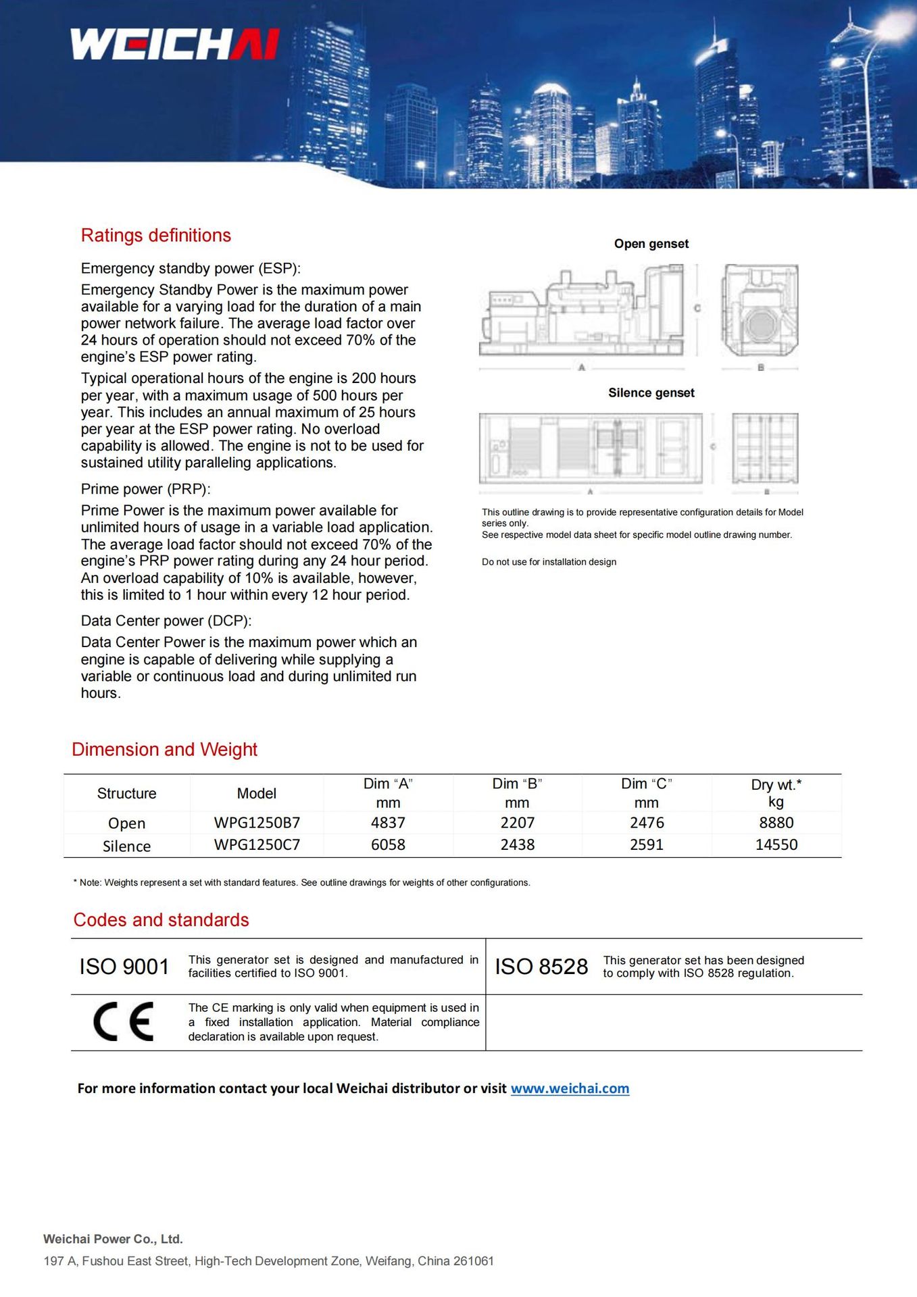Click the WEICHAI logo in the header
[x=175, y=45]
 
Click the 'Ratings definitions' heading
[x=155, y=235]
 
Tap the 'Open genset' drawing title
[x=651, y=244]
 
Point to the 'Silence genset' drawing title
[x=651, y=393]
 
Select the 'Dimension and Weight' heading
[x=164, y=749]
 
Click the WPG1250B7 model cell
[x=257, y=823]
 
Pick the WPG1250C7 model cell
[x=257, y=844]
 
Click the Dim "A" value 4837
[x=388, y=823]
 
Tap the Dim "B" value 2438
[x=517, y=844]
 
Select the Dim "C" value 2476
[x=647, y=823]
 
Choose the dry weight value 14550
[x=776, y=844]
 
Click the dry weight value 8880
[x=776, y=823]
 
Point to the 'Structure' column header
[x=126, y=793]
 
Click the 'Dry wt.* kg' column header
[x=776, y=793]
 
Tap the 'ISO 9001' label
[x=124, y=967]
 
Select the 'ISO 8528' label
[x=541, y=967]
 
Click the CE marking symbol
[x=123, y=1021]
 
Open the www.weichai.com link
[x=570, y=1088]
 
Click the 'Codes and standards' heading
[x=161, y=920]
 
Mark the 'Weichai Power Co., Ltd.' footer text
[x=113, y=1239]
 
